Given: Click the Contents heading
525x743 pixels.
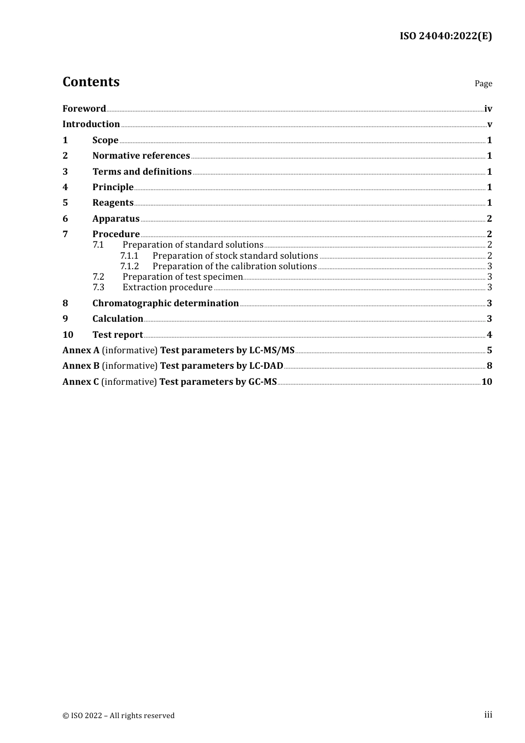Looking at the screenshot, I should point(91,82).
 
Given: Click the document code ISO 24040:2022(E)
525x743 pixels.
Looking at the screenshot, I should point(445,36).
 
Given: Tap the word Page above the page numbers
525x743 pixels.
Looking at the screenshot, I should point(483,83).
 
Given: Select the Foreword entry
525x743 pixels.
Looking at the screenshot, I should point(84,109).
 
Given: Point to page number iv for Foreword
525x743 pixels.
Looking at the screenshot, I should point(488,109).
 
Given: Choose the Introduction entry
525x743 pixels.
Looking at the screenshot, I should point(91,124).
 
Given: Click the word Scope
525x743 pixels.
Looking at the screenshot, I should point(105,140).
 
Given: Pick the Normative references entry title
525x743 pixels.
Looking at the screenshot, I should point(141,156).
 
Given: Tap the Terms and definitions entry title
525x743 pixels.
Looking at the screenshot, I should point(141,172).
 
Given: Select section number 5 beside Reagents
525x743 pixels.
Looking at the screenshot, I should point(65,203).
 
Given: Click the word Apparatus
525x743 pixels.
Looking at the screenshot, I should point(116,219).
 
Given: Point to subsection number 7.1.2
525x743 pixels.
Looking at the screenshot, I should point(129,266).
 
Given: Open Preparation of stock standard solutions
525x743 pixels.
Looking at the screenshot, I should point(235,256).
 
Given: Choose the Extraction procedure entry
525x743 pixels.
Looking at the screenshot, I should point(167,287).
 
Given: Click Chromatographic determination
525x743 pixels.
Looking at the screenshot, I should point(165,304).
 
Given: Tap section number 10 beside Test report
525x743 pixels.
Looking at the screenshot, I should point(68,335).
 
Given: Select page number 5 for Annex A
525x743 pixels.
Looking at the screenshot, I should point(489,350).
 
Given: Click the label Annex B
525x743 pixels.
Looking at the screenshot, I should point(81,366).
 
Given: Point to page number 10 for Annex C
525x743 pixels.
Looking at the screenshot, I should point(486,382).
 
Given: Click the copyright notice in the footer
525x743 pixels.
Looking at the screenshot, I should point(118,716).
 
